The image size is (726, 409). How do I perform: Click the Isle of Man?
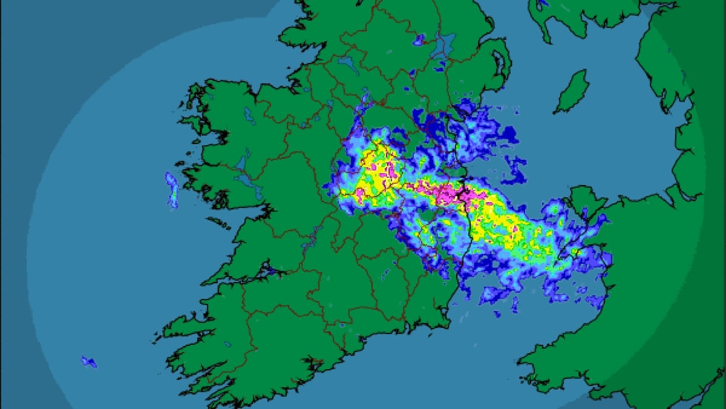[x=572, y=91]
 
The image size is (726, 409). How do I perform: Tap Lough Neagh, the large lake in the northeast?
[x=446, y=44]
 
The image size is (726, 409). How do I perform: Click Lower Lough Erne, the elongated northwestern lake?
[x=348, y=62]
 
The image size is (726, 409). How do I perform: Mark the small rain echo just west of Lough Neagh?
[x=418, y=41]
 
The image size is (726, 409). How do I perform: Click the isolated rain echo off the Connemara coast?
[x=172, y=189]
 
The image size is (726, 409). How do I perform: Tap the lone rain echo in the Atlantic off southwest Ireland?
[x=89, y=362]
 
